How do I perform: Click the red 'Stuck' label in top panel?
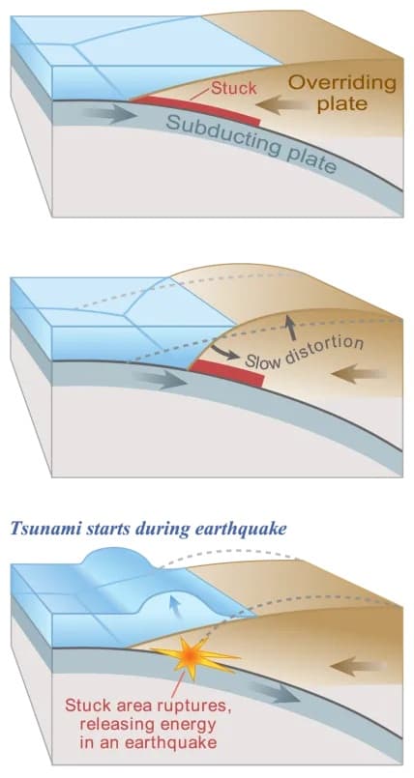[234, 88]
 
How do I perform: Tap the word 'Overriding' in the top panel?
[342, 83]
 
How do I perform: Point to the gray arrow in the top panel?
[109, 114]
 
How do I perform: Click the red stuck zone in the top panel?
[195, 109]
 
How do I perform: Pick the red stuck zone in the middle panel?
[227, 374]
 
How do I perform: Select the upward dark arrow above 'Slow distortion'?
[290, 329]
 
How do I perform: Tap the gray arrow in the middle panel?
[160, 379]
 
